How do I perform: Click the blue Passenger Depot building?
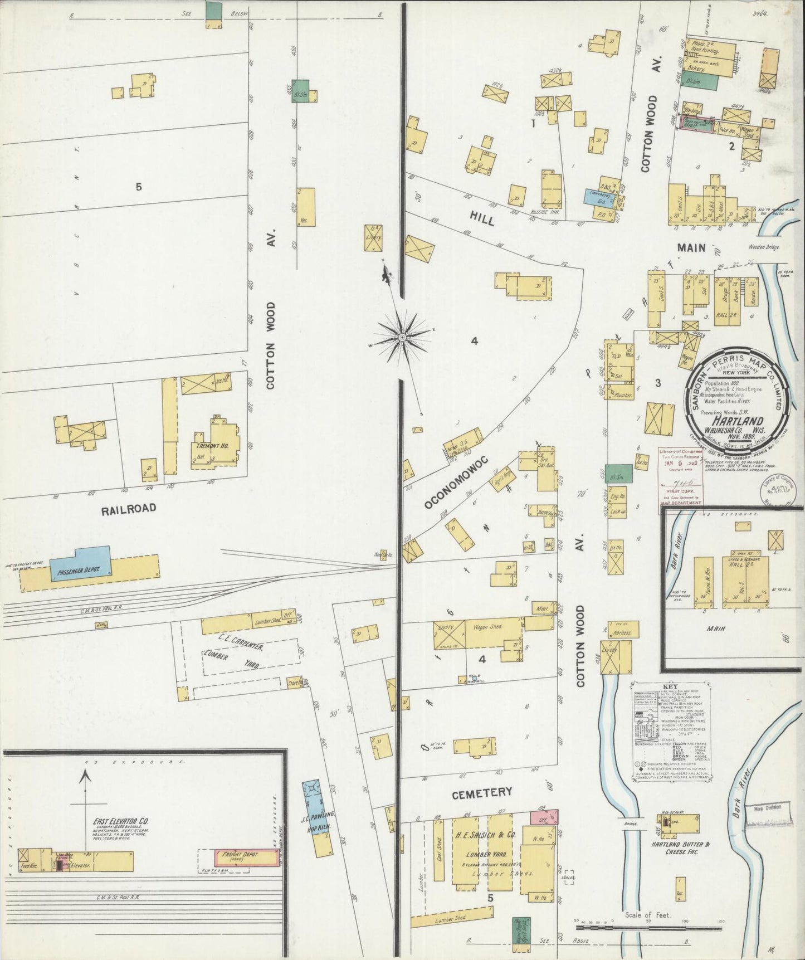(x=81, y=563)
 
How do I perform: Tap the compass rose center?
(x=402, y=338)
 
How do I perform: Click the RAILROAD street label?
(x=129, y=508)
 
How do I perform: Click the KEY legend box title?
(x=670, y=686)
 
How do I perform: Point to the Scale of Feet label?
(x=648, y=915)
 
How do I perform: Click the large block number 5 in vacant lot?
(x=138, y=187)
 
